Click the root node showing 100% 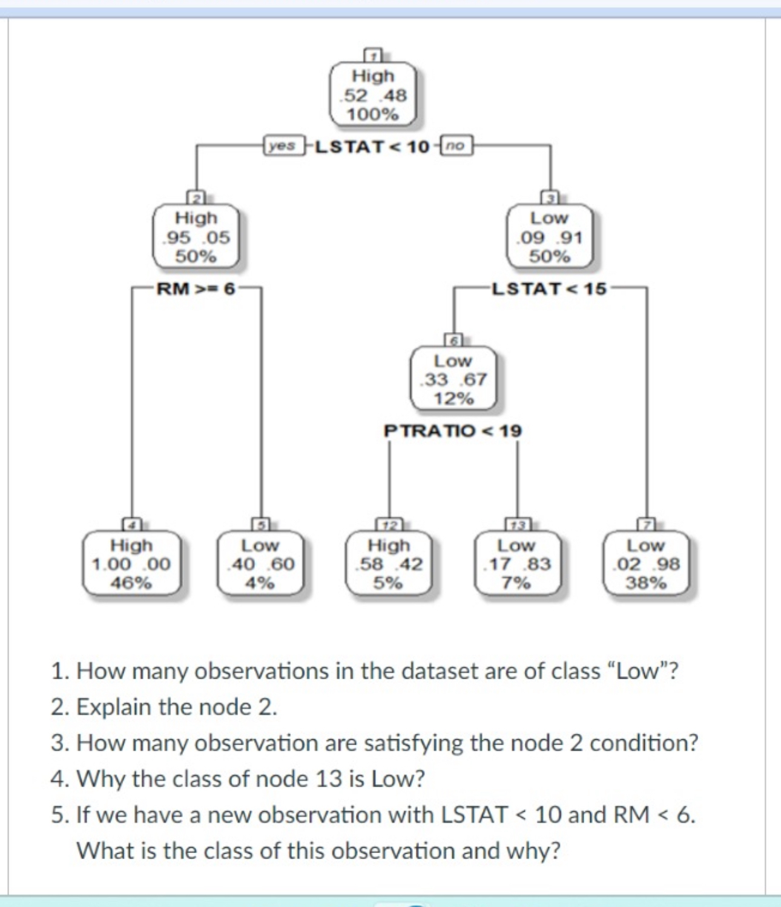point(373,95)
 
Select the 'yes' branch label point(282,146)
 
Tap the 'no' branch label point(456,146)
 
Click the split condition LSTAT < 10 point(372,147)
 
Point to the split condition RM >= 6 point(196,289)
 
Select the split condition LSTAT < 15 point(549,289)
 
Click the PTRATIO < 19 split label point(452,431)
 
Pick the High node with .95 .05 point(196,237)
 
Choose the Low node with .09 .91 point(549,237)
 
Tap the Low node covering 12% point(453,379)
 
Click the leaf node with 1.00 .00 point(131,564)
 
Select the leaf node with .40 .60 point(260,564)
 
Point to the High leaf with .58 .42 point(389,564)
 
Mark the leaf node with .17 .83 point(517,564)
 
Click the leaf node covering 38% point(646,564)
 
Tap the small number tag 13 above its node point(518,525)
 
